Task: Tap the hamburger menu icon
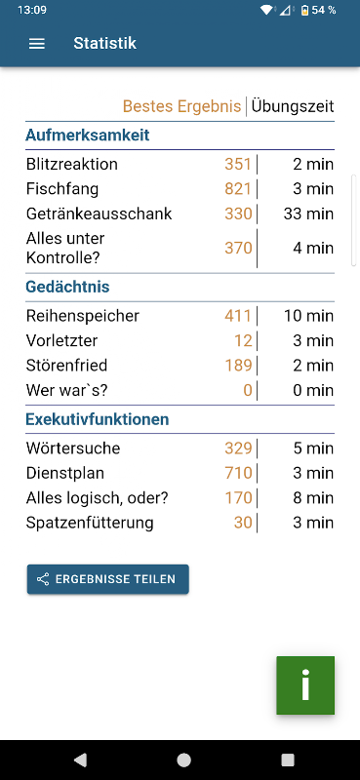coord(37,44)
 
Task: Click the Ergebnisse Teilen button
coord(108,579)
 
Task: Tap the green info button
coord(305,685)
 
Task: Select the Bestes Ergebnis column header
coord(181,106)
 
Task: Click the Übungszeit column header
coord(293,106)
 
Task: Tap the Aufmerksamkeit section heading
coord(88,135)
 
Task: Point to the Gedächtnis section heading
coord(67,287)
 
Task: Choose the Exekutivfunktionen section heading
coord(98,419)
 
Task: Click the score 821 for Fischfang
coord(238,189)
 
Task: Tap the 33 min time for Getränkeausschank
coord(308,214)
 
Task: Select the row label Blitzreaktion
coord(72,164)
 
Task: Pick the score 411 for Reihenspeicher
coord(238,316)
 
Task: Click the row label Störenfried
coord(66,366)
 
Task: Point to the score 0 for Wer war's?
coord(248,391)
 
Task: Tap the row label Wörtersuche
coord(73,448)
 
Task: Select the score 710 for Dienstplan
coord(238,473)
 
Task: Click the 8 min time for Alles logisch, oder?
coord(313,498)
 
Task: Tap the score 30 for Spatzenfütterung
coord(243,523)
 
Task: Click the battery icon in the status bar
coord(304,10)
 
